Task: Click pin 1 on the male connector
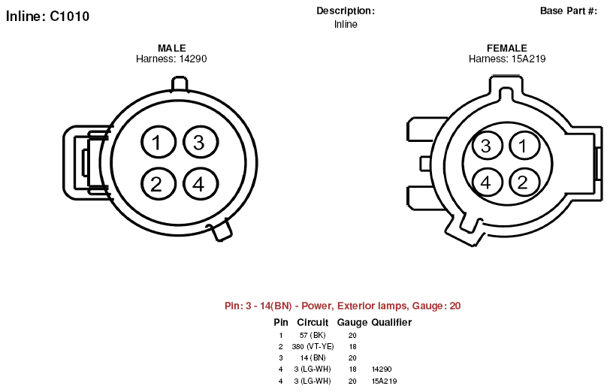tap(159, 142)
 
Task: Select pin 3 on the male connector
tap(201, 142)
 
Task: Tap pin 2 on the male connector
tap(159, 184)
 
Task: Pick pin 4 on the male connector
tap(201, 184)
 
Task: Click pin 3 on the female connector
tap(487, 146)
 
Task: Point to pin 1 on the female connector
tap(524, 146)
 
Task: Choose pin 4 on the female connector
tap(487, 182)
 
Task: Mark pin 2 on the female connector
tap(524, 182)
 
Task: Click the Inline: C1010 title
tap(47, 17)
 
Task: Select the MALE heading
tap(171, 48)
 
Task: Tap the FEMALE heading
tap(507, 48)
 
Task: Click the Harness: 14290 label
tap(171, 59)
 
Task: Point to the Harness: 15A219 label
tap(507, 59)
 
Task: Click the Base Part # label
tap(569, 11)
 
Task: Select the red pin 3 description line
tap(343, 306)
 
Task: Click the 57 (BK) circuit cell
tap(313, 335)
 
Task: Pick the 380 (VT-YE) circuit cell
tap(313, 346)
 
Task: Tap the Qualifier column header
tap(391, 322)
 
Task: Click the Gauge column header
tap(352, 322)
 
